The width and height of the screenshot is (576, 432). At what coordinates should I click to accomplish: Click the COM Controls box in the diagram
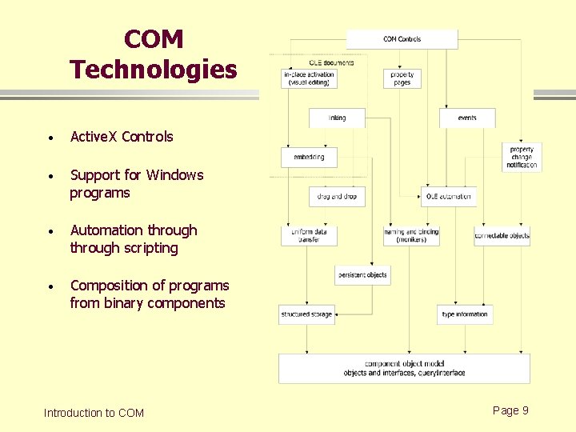point(402,39)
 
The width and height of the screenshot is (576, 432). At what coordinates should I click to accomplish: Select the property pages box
point(402,78)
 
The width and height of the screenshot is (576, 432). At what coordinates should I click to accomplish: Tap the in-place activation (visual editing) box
point(309,78)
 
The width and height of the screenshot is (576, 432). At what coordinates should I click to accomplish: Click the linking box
point(338,118)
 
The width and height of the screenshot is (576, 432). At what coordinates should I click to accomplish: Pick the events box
point(467,118)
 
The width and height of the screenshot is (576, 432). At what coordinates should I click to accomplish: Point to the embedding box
point(309,157)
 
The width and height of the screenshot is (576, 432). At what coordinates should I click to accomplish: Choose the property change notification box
point(522,157)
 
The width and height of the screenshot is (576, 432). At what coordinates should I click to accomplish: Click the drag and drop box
point(337,196)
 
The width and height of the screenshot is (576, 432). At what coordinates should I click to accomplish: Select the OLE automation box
point(449,196)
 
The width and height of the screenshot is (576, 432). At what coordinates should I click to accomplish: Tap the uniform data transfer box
point(309,235)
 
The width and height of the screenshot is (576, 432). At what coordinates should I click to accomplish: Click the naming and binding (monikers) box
point(411,235)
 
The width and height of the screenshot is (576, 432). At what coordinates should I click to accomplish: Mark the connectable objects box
point(502,235)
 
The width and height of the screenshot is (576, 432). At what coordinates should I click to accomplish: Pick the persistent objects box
point(362,274)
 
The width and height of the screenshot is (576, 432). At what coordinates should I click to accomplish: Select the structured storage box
point(306,314)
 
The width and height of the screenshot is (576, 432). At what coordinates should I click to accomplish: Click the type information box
point(465,314)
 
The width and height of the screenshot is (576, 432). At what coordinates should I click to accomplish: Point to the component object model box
point(404,369)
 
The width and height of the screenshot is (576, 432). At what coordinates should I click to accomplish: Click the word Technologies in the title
point(153,70)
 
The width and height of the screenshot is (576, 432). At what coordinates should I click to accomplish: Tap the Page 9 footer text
point(510,410)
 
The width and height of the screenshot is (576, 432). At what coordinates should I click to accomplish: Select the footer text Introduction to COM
point(94,413)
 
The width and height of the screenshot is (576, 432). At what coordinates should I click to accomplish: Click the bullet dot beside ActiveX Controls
point(50,138)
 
